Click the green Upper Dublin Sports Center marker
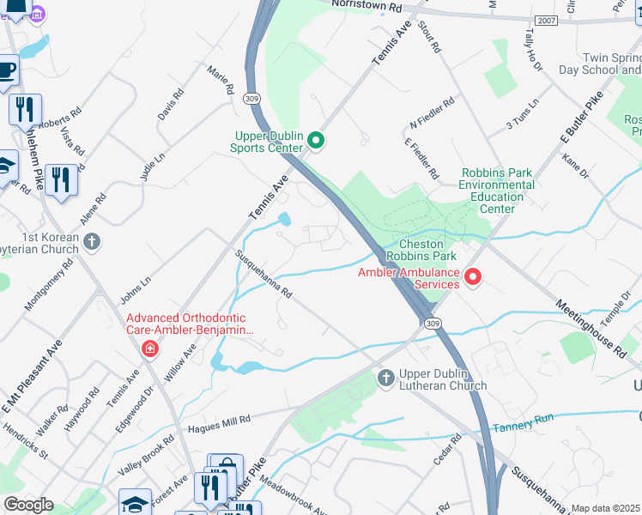pos(315,140)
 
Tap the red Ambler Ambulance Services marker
pos(472,276)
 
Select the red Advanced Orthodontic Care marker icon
pos(150,348)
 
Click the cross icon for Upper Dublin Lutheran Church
pos(385,378)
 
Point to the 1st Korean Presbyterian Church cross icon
pos(93,243)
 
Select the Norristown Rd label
pos(367,6)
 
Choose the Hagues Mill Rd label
pos(218,421)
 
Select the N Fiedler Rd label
pos(432,112)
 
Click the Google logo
pos(28,505)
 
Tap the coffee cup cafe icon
pos(7,70)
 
